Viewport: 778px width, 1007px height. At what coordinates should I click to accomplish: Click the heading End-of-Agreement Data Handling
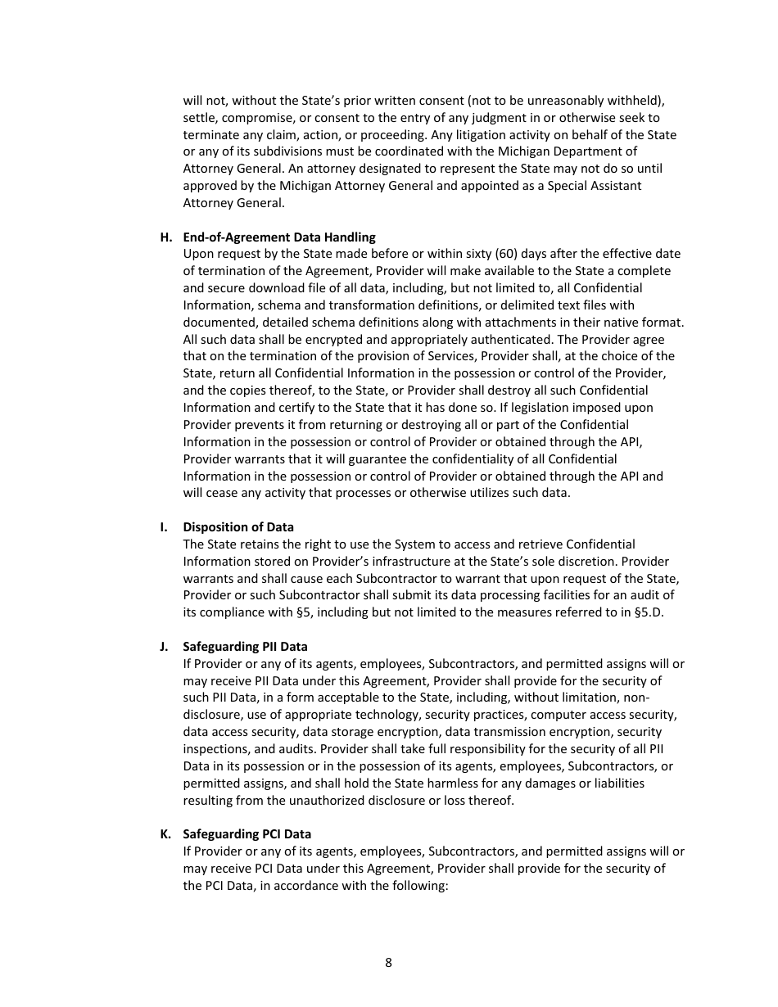(x=279, y=237)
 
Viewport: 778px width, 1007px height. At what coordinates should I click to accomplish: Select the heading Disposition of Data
(x=238, y=527)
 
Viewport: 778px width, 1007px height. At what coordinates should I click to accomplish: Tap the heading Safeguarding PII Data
(x=245, y=647)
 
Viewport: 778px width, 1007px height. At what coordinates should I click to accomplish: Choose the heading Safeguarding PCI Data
(x=247, y=834)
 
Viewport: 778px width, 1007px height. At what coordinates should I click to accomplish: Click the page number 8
(x=388, y=963)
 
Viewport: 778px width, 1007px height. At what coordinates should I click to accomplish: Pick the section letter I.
(x=164, y=527)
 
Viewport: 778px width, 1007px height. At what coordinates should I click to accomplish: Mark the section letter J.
(x=164, y=647)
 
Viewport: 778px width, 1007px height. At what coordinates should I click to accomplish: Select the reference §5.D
(x=649, y=612)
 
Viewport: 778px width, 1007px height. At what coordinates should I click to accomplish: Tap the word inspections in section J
(x=215, y=749)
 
